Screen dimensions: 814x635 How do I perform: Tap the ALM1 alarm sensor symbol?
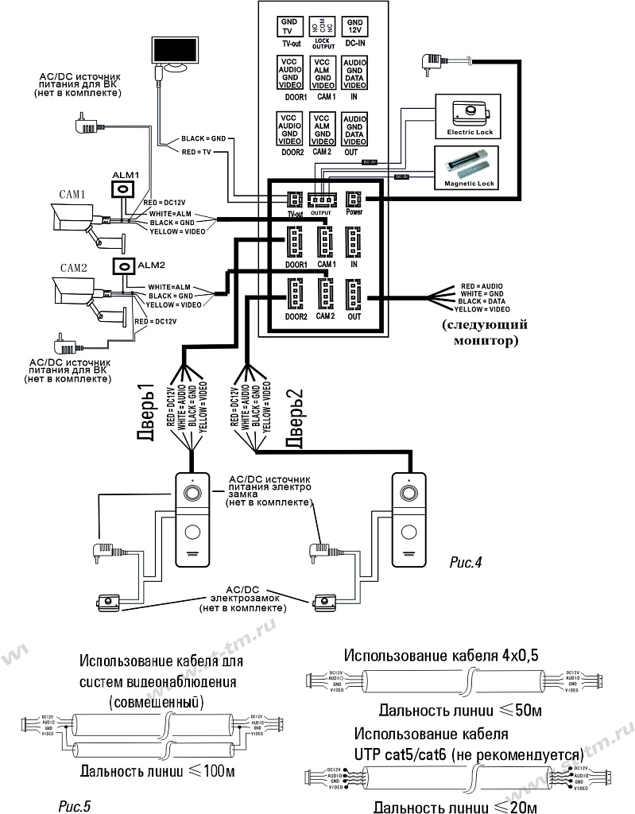coord(124,188)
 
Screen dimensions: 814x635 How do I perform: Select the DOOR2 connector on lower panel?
coord(296,295)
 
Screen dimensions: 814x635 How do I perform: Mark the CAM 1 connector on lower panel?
coord(325,241)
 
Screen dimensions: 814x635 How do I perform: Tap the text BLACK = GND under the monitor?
coord(204,138)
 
